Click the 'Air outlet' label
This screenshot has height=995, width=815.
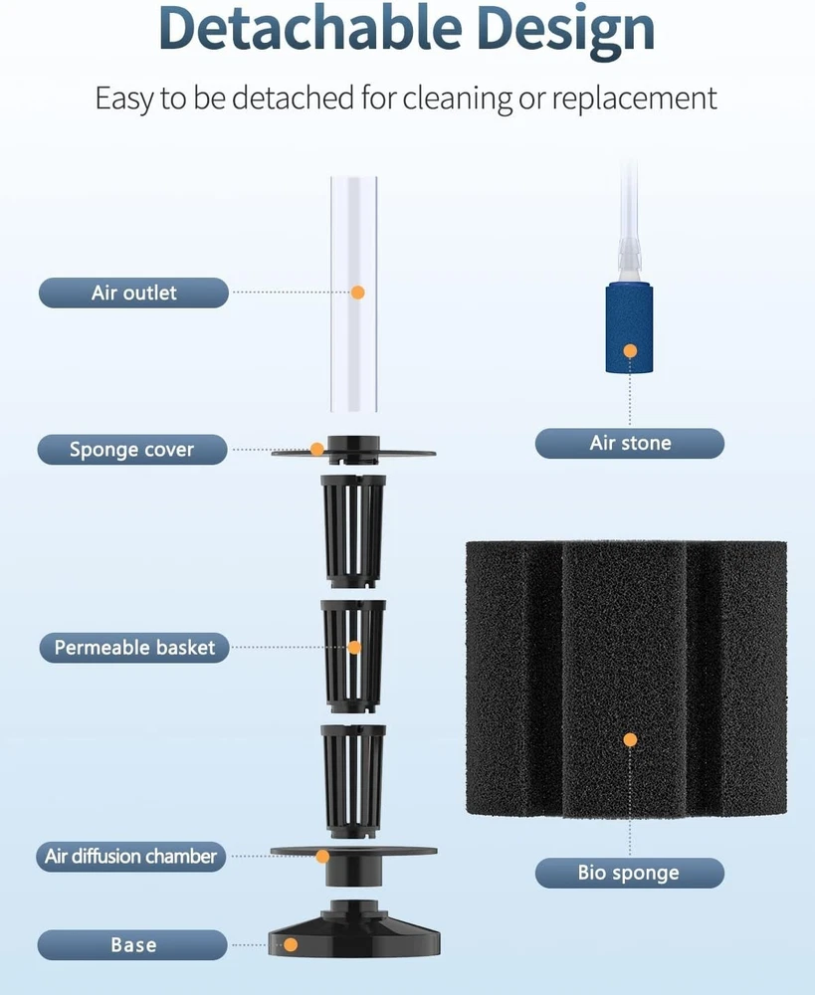pos(133,293)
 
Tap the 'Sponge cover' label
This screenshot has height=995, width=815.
pos(132,450)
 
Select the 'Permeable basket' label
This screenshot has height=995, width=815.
pos(134,648)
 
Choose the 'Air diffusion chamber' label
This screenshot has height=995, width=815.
pos(130,856)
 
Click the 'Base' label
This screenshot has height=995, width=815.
pos(132,945)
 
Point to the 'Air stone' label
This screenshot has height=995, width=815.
pos(630,443)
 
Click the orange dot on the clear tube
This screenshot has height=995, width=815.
pos(358,293)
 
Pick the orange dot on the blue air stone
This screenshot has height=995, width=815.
pos(630,351)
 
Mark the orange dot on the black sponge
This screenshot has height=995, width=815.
pos(630,740)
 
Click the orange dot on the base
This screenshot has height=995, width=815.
pos(291,945)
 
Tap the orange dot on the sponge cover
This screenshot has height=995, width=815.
pos(316,450)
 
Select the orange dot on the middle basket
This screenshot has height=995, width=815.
pos(355,648)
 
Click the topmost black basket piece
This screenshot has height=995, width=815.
pos(353,531)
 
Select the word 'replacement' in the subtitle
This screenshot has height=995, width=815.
pos(634,99)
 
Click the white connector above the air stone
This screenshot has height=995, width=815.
pos(628,260)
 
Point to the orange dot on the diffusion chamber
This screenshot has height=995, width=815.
pos(322,856)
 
